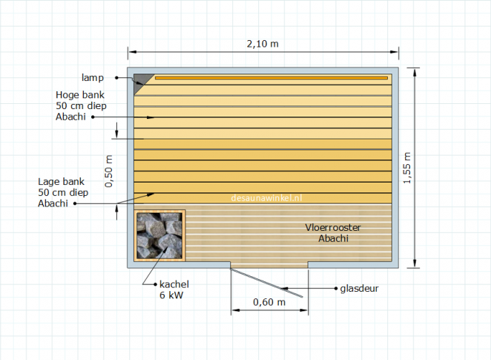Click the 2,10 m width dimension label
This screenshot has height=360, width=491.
point(263,44)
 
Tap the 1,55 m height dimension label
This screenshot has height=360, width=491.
point(406,168)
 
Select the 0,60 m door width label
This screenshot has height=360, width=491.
point(269,302)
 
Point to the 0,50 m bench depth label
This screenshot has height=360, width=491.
point(108,171)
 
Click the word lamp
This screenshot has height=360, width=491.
point(93,78)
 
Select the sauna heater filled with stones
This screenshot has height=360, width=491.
point(159,235)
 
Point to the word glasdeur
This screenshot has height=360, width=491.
point(359,288)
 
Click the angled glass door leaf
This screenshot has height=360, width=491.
point(267,283)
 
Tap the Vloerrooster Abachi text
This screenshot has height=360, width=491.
point(333,233)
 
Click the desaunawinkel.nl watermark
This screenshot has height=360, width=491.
point(266,198)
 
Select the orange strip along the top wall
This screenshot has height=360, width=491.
point(271,78)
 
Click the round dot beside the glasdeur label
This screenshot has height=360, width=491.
point(336,288)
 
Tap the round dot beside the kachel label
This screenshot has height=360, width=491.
point(155,284)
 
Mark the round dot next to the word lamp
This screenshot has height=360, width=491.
point(116,77)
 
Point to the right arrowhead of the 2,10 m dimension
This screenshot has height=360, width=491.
point(394,52)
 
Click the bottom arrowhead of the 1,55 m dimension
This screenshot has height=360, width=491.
point(415,264)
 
